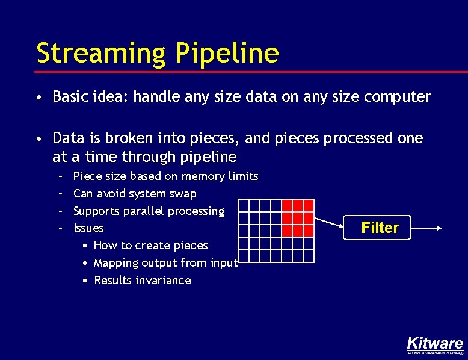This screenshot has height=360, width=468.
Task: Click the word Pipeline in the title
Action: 227,53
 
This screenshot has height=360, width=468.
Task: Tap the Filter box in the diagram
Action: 380,228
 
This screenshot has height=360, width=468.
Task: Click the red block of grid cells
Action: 298,217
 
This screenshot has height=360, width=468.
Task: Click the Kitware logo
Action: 434,344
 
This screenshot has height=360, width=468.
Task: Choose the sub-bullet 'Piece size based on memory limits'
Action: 165,176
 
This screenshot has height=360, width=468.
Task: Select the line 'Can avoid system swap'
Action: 135,194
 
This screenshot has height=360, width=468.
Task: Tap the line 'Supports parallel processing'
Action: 149,211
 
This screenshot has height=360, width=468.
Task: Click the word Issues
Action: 88,228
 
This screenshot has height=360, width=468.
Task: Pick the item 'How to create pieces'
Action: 150,246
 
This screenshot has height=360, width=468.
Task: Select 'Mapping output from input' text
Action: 166,263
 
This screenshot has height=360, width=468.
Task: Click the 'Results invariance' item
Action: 142,281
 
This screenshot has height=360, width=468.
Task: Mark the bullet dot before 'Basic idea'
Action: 38,98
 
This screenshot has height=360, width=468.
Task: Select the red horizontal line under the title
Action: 241,72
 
